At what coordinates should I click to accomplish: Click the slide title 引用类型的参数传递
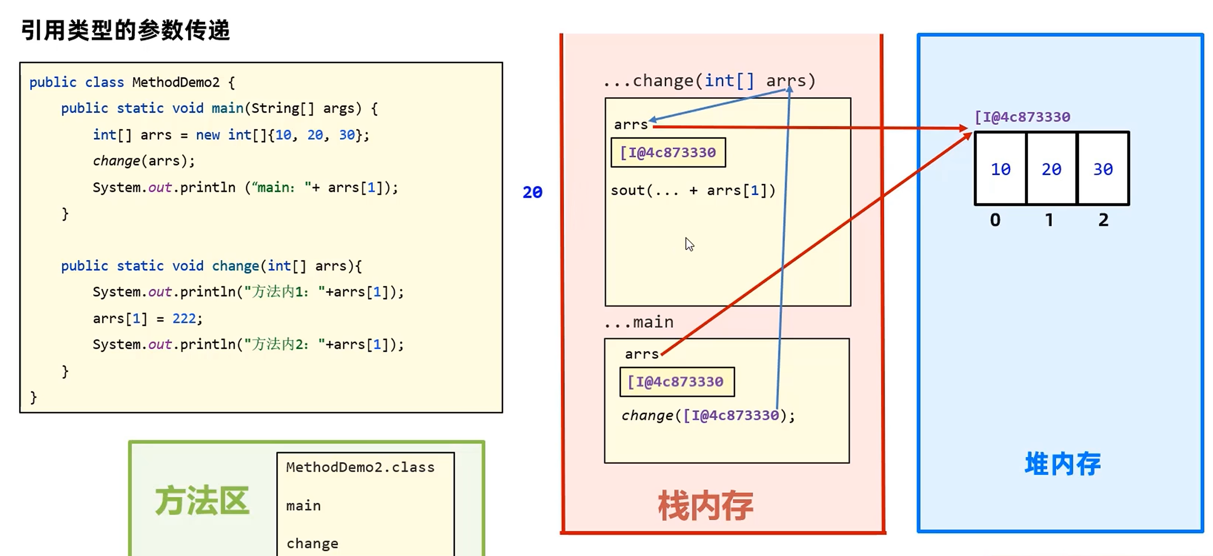point(125,31)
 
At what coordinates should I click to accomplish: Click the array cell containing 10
point(1000,169)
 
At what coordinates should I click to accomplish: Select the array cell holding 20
point(1051,169)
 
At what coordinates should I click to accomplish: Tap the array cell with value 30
point(1103,169)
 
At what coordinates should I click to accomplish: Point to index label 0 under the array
point(995,220)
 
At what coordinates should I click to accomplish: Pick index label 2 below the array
point(1103,220)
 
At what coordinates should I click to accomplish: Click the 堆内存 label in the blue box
point(1062,464)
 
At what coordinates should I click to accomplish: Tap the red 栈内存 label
point(705,506)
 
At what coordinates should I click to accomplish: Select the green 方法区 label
point(202,501)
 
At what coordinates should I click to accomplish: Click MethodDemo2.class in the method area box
point(360,467)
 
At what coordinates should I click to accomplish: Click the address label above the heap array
point(1022,117)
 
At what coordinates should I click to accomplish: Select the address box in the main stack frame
point(677,382)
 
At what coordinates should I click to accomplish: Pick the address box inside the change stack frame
point(668,152)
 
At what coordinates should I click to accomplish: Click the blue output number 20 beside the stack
point(532,192)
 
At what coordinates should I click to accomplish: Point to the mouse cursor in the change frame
point(689,244)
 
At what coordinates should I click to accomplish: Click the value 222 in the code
point(184,318)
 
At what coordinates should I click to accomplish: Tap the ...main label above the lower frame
point(640,322)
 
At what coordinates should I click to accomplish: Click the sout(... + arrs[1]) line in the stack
point(693,191)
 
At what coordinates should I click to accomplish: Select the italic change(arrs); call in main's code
point(144,161)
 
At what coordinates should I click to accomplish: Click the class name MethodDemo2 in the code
point(176,82)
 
